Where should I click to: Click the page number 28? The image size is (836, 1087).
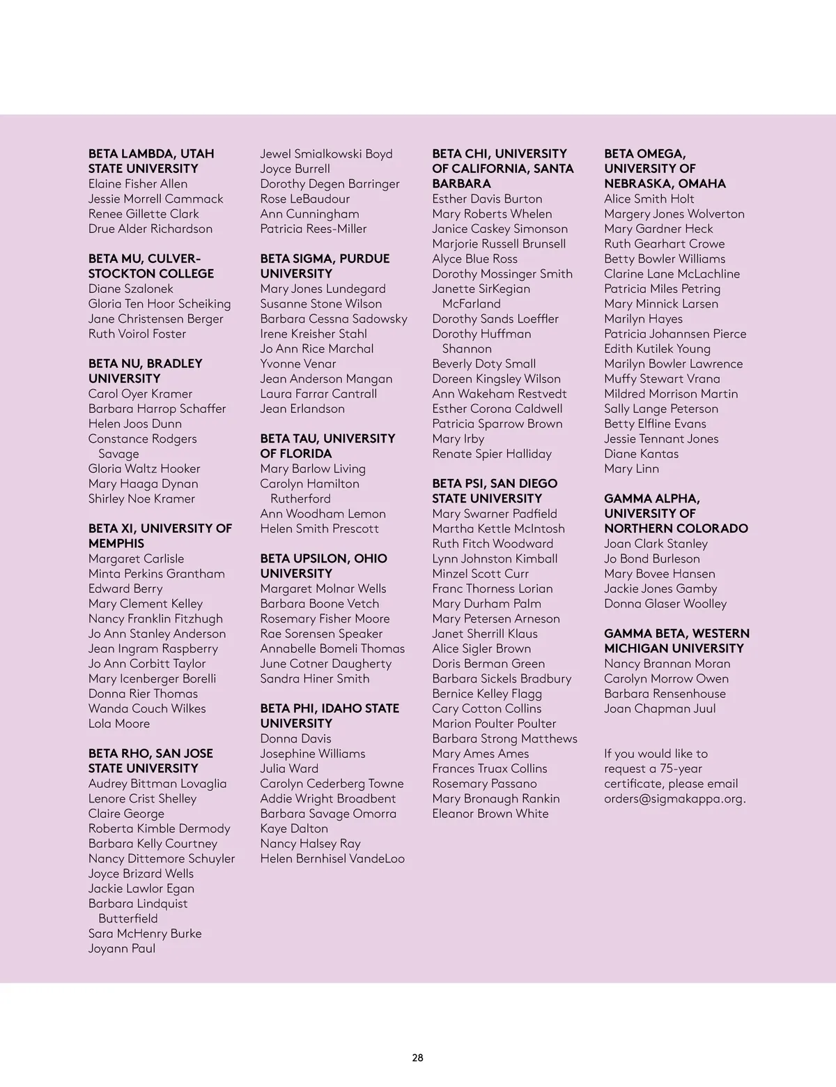(417, 1057)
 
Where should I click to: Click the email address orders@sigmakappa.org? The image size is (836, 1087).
(674, 799)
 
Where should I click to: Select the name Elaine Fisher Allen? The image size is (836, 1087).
(138, 184)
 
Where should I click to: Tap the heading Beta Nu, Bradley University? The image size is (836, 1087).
(145, 371)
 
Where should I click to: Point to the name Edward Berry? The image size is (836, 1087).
(125, 588)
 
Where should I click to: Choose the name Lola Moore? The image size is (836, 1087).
(119, 724)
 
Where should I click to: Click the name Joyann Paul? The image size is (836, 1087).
(122, 948)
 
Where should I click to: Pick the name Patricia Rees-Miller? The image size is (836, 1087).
(313, 229)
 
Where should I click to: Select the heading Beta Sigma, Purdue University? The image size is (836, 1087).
(325, 266)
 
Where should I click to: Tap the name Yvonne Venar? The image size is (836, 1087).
(298, 364)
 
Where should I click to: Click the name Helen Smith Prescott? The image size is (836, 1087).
(320, 529)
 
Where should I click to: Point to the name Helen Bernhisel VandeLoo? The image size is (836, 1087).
(332, 859)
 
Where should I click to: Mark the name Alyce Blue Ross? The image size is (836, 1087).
(475, 259)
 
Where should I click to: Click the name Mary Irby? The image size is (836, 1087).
(458, 439)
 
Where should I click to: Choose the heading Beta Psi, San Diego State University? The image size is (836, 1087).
(495, 491)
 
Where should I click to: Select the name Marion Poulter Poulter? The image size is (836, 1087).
(494, 724)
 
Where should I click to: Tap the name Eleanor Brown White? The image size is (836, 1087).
(490, 814)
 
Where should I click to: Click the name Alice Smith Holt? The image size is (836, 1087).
(649, 199)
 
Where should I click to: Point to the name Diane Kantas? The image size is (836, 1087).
(642, 454)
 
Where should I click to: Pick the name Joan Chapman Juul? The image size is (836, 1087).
(660, 709)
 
